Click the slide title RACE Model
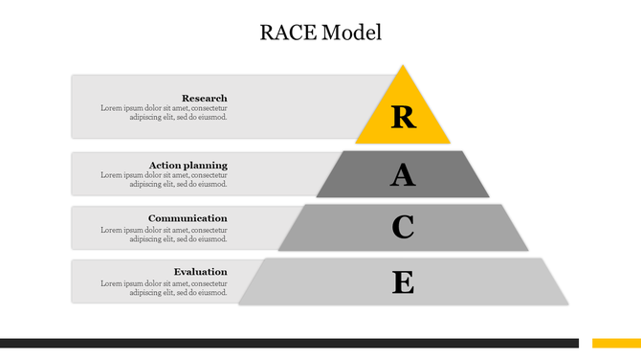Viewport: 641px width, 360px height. [320, 33]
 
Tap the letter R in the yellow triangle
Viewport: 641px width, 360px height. [404, 117]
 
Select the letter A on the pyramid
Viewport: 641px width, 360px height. [404, 175]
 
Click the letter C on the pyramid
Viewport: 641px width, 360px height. [404, 228]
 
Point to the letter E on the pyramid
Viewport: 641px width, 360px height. [404, 282]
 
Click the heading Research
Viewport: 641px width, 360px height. [205, 98]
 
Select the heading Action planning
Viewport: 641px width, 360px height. [188, 165]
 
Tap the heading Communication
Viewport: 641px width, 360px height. [188, 218]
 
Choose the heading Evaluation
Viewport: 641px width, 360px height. [201, 272]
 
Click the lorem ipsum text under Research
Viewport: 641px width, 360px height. [164, 113]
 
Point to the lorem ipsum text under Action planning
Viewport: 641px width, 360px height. [164, 180]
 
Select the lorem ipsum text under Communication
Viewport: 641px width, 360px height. [164, 234]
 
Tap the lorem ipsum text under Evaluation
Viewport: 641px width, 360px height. [164, 287]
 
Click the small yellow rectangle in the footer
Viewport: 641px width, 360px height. [616, 343]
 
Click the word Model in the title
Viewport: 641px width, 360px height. [352, 33]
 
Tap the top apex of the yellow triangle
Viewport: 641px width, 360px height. [403, 66]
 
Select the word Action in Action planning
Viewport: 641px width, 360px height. [165, 165]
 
